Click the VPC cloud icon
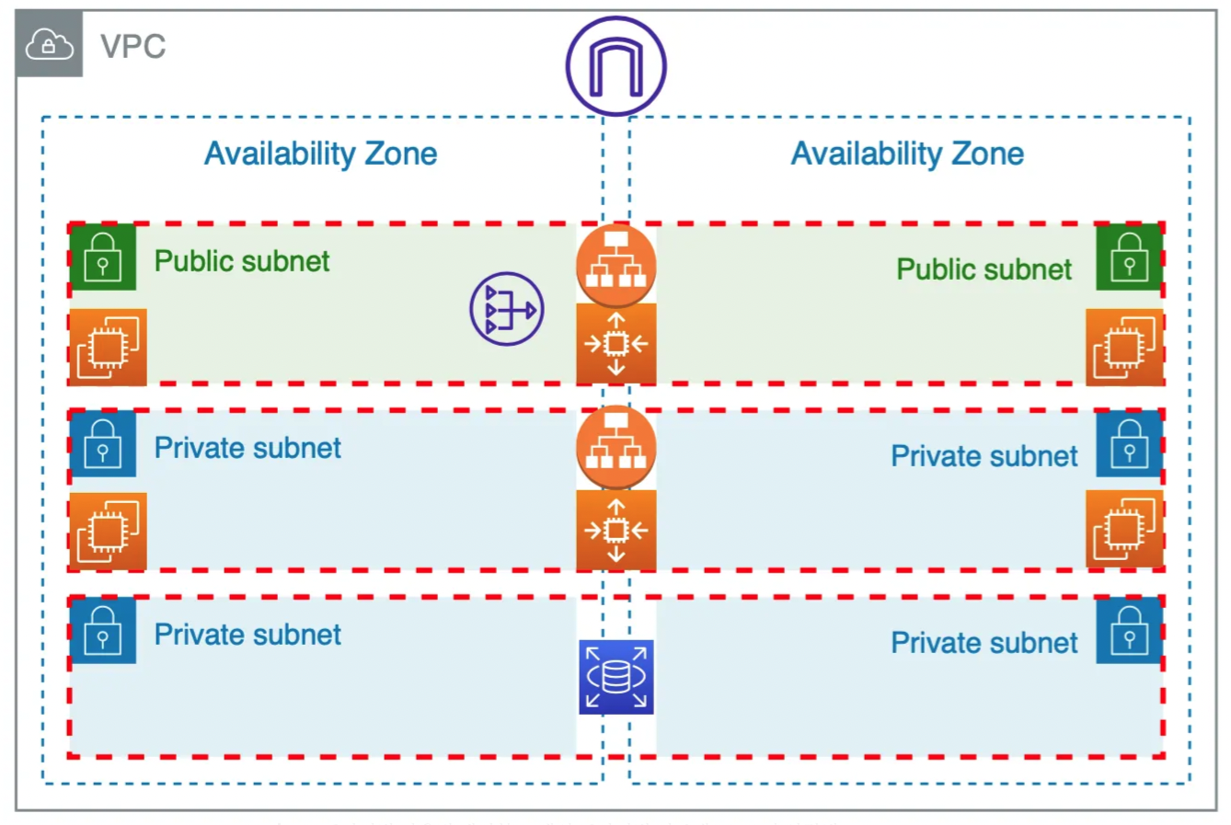(x=49, y=44)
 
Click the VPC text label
(x=133, y=46)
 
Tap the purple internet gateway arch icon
(x=615, y=66)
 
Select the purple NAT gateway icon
(x=507, y=309)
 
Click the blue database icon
(x=615, y=677)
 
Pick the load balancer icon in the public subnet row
(x=615, y=264)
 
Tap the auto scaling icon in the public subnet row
(x=615, y=344)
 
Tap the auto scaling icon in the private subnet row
(x=615, y=530)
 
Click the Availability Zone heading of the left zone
(x=320, y=154)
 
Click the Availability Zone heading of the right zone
(x=907, y=154)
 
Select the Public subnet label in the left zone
(x=242, y=261)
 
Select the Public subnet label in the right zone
(x=984, y=269)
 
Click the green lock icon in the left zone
(x=103, y=257)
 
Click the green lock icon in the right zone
(x=1129, y=257)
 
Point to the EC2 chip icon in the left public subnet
(x=108, y=347)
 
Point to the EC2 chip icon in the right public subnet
(x=1124, y=347)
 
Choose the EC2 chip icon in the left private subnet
(x=108, y=531)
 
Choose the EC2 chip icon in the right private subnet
(x=1124, y=529)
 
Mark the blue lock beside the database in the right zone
(x=1129, y=630)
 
